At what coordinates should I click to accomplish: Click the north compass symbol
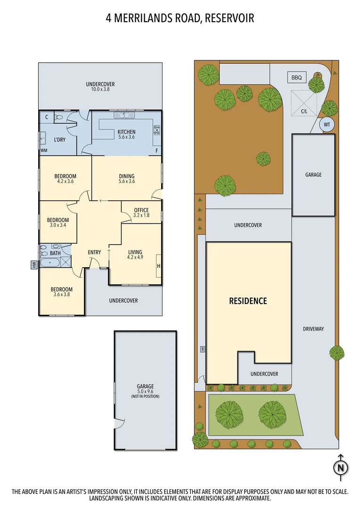[x=340, y=468]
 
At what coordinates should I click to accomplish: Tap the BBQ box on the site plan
[x=296, y=77]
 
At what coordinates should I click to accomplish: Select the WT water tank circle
[x=326, y=125]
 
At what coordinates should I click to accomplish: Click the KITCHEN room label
[x=126, y=132]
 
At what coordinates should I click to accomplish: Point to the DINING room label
[x=126, y=176]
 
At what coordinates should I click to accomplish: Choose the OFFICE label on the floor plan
[x=141, y=210]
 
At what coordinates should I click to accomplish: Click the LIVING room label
[x=135, y=252]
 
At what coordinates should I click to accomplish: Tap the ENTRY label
[x=94, y=252]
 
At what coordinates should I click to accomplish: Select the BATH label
[x=55, y=253]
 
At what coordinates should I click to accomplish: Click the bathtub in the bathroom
[x=50, y=263]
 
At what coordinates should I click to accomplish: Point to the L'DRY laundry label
[x=60, y=140]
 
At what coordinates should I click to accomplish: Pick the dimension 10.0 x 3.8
[x=100, y=89]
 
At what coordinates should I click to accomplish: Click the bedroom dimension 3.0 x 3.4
[x=57, y=225]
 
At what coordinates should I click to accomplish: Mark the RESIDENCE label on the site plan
[x=248, y=301]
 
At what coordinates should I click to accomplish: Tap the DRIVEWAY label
[x=313, y=329]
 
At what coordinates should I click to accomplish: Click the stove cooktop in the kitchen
[x=156, y=130]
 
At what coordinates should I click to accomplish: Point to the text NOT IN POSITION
[x=145, y=396]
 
